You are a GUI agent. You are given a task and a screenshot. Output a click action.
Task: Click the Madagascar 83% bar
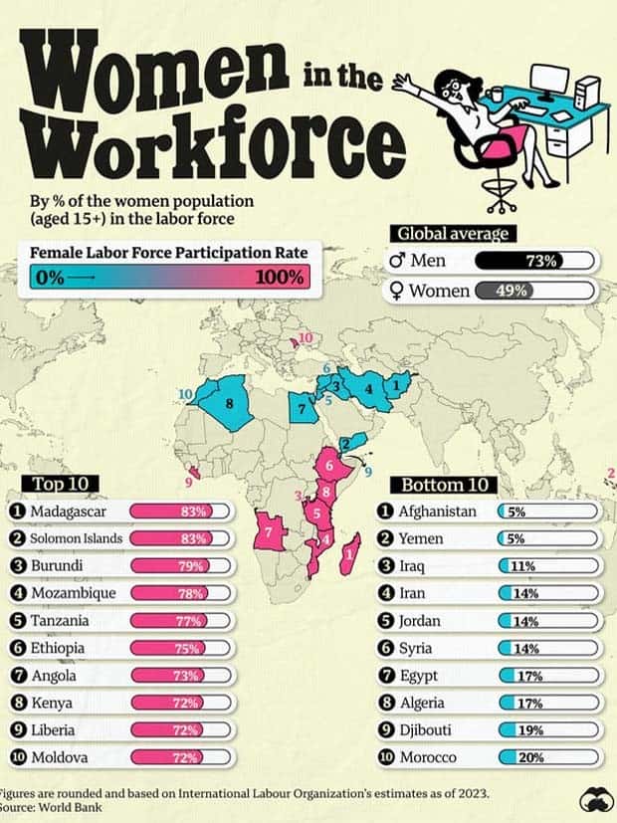[x=180, y=512]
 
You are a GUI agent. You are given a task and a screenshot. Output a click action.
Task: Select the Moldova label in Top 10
[x=59, y=757]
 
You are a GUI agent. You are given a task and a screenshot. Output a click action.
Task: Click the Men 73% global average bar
[x=536, y=262]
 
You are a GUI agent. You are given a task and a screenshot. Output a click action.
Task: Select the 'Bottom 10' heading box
[x=447, y=485]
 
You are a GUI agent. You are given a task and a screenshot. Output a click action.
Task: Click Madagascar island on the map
[x=349, y=551]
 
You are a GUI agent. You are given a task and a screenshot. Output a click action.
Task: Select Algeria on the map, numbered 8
[x=228, y=402]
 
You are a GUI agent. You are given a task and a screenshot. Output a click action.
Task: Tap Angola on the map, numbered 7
[x=270, y=532]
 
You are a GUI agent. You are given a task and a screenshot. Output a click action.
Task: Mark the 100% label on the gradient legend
[x=278, y=278]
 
